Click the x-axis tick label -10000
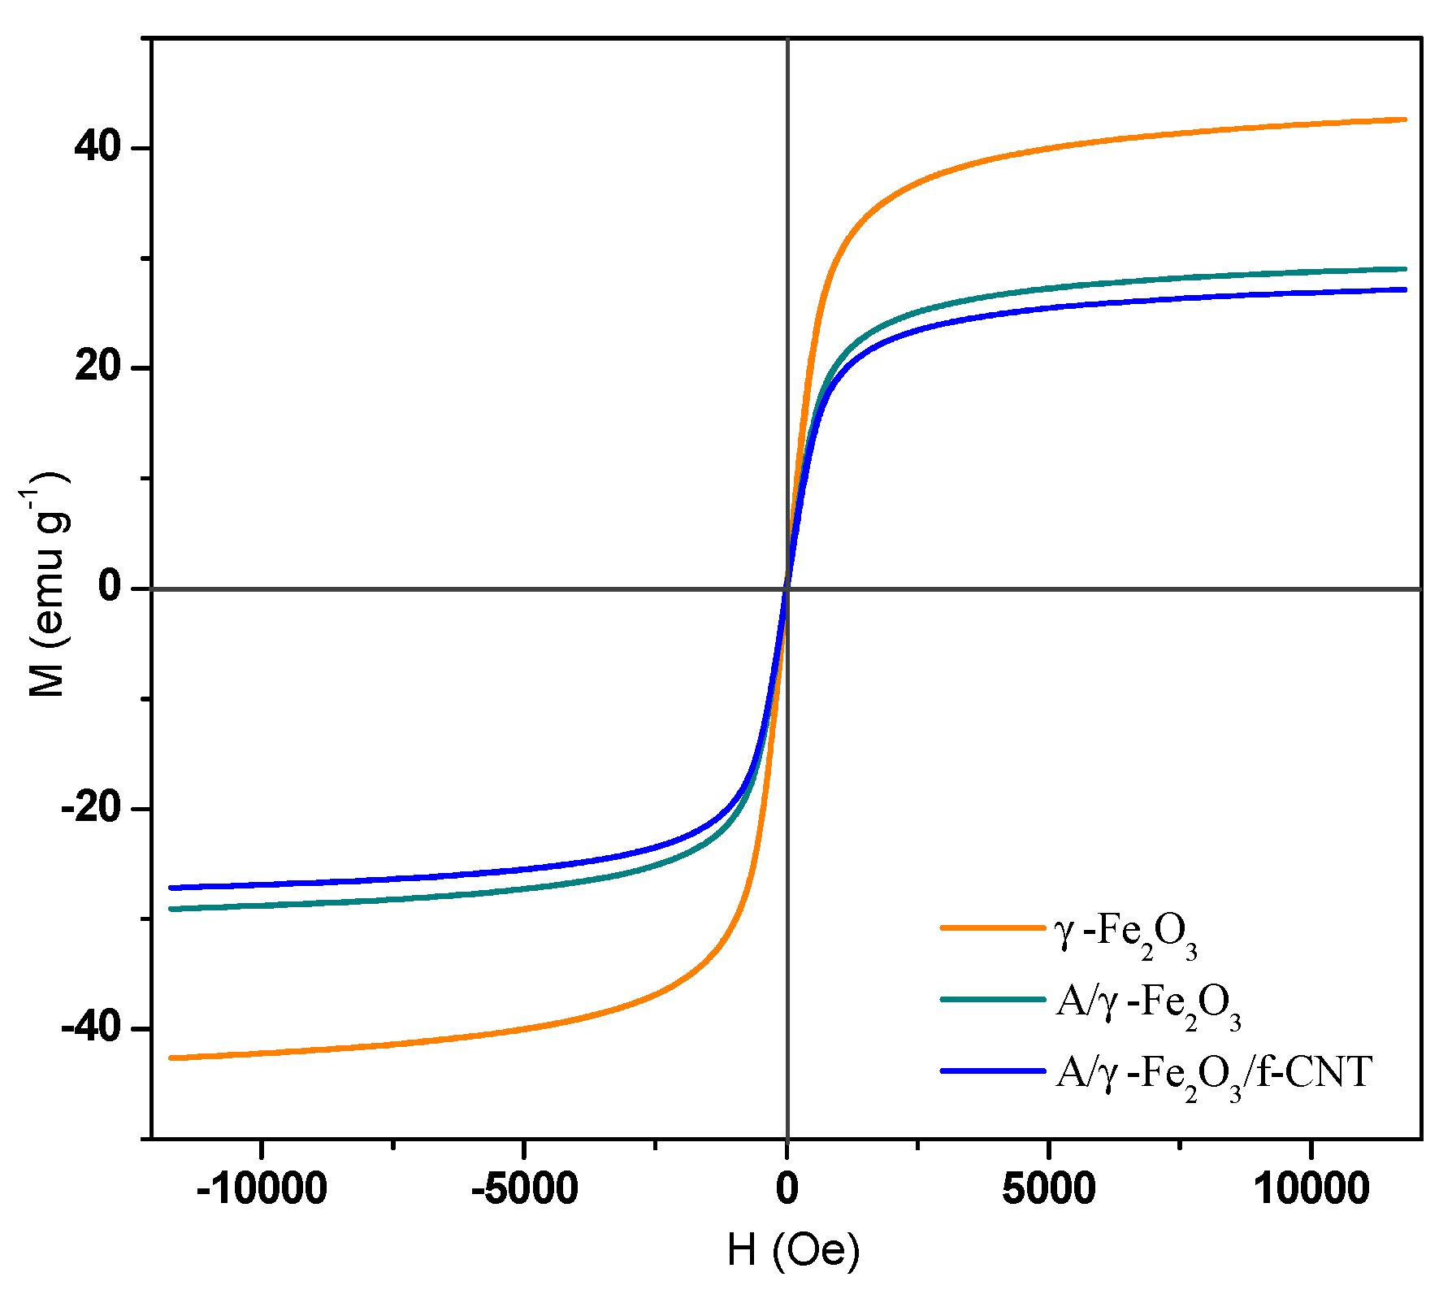tap(262, 1188)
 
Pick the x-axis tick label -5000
tap(524, 1188)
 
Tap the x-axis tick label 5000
tap(1048, 1188)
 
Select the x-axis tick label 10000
tap(1311, 1188)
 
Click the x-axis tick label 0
tap(787, 1188)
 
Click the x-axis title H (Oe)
tap(793, 1249)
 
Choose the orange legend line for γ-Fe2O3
tap(992, 927)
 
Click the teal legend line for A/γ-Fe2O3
tap(992, 999)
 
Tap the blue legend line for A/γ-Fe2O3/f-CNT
tap(992, 1071)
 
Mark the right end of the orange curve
tap(1404, 119)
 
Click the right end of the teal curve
tap(1404, 269)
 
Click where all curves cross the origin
tap(787, 588)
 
